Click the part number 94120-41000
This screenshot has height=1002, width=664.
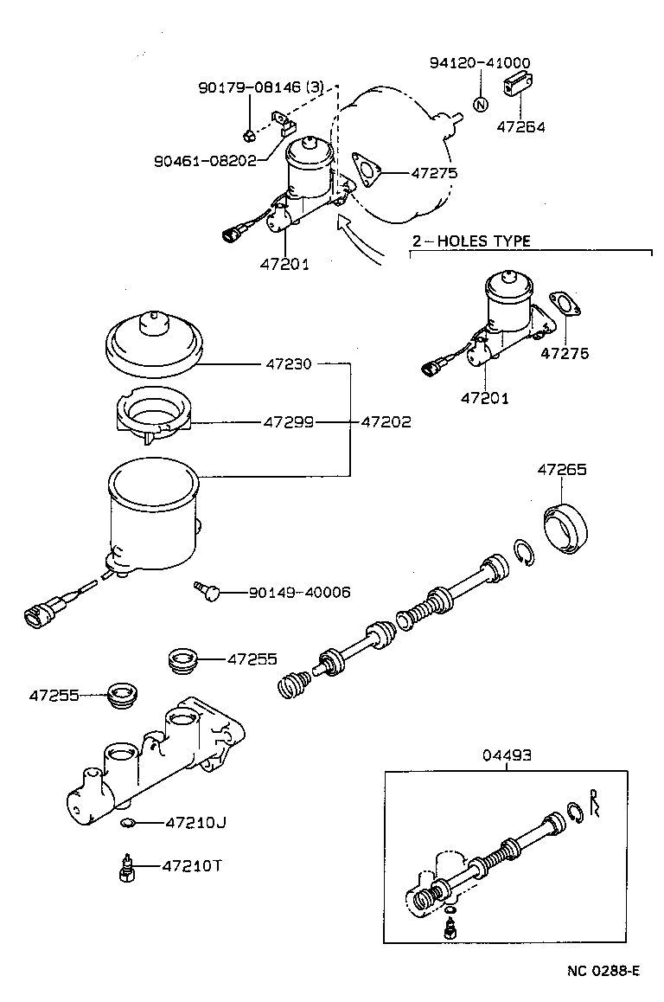click(480, 62)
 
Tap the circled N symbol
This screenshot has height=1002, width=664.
click(481, 105)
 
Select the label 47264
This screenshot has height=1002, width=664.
click(520, 127)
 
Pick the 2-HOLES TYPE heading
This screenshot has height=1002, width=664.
click(470, 241)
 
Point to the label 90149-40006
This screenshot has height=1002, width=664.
click(299, 592)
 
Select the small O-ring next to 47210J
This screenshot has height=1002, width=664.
click(128, 821)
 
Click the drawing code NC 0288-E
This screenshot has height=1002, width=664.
click(603, 971)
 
